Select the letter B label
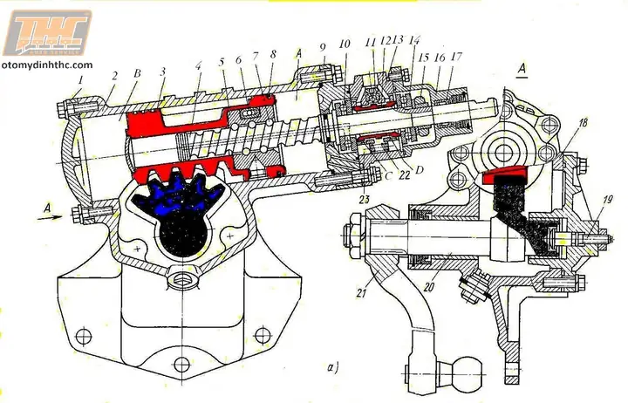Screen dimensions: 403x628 (135, 75)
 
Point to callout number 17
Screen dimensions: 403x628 (456, 56)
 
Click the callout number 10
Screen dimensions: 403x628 (345, 43)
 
